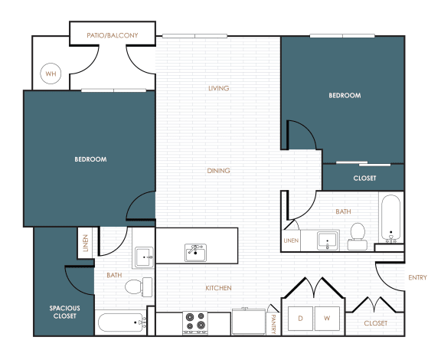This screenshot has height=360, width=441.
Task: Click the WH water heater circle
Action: click(51, 74)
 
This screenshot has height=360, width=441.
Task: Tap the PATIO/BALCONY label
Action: click(113, 35)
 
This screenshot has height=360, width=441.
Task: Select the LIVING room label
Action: click(218, 88)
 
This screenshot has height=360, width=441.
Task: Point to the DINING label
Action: click(218, 171)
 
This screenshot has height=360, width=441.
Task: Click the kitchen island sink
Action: click(195, 253)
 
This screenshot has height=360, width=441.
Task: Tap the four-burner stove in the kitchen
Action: click(195, 322)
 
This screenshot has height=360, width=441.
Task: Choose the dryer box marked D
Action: click(300, 319)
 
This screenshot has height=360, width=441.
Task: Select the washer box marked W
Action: click(327, 319)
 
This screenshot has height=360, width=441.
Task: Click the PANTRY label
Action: click(273, 324)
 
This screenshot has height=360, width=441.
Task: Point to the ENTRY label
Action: click(418, 277)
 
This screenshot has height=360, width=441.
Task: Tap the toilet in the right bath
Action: click(358, 237)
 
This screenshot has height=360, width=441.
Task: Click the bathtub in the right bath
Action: click(391, 219)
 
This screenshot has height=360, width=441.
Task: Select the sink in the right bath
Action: click(327, 241)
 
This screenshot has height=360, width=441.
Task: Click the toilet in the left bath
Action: click(139, 286)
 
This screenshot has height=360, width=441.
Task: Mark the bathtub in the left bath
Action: click(122, 322)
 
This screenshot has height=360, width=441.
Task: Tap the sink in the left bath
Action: click(144, 257)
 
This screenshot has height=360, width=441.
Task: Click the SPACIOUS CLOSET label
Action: click(64, 312)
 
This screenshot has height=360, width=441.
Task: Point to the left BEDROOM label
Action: click(90, 159)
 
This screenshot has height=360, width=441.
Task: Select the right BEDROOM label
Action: click(345, 96)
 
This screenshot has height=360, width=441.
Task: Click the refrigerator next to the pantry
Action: click(249, 322)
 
